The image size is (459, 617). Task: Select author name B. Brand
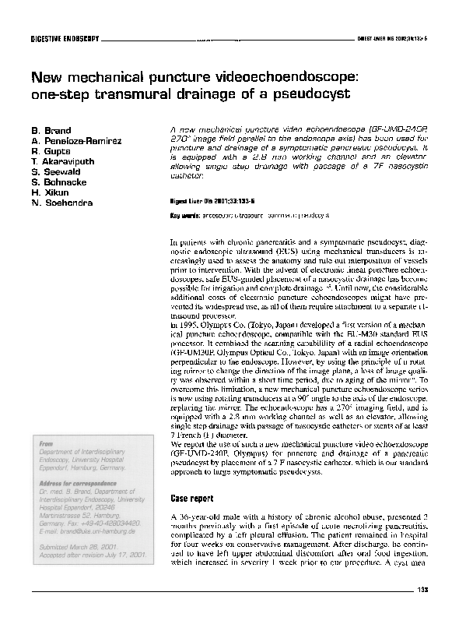pos(51,130)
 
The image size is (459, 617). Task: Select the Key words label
pos(183,213)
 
